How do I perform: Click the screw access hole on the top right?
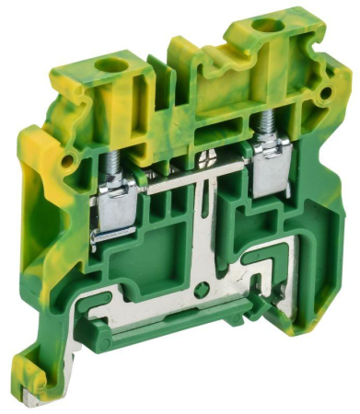coord(268,25)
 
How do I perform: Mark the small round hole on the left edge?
coord(64,160)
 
